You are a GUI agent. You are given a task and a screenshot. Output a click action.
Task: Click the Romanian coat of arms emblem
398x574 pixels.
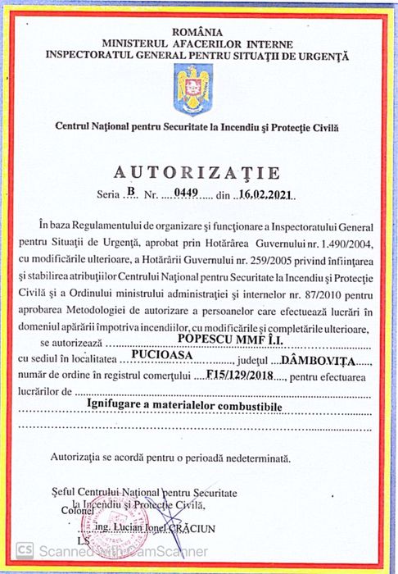coord(193,90)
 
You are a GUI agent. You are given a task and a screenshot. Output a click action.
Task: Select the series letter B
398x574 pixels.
coord(130,194)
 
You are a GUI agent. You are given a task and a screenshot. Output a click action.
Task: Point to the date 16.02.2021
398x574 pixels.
coord(265,195)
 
